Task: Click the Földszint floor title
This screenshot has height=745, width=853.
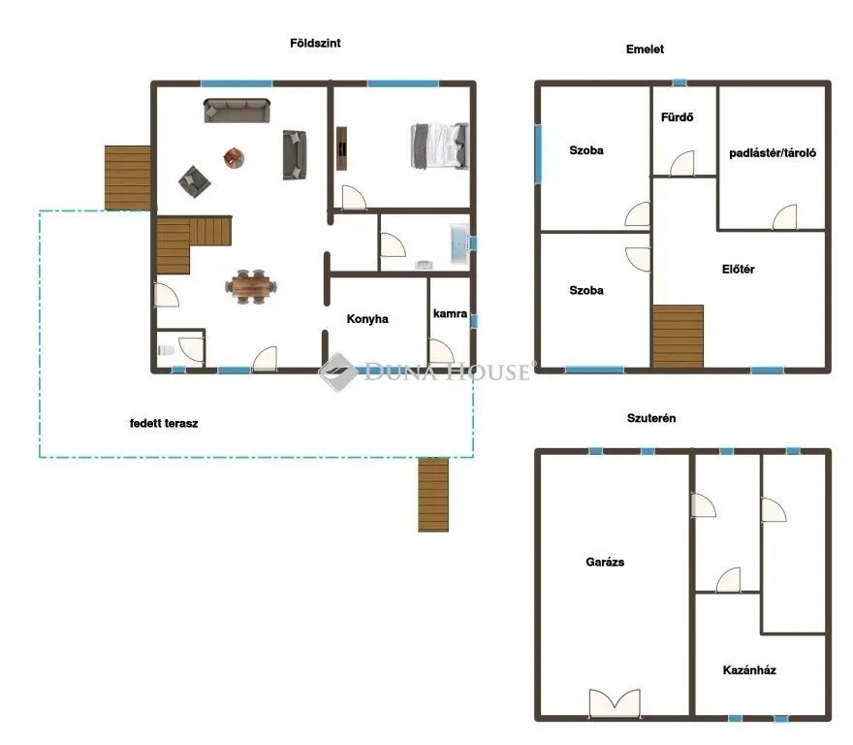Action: point(315,44)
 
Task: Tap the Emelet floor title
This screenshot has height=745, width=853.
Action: point(645,49)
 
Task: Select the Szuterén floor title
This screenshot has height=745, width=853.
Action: point(650,418)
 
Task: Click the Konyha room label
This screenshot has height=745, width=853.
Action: point(368,318)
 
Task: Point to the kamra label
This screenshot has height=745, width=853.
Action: point(451,314)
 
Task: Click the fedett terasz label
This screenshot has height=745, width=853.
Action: point(164,423)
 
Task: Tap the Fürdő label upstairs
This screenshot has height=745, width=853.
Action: point(677,118)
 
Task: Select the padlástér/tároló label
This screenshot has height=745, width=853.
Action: point(773,152)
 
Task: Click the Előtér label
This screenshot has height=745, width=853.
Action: point(739,270)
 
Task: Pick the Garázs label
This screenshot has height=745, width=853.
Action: point(605,562)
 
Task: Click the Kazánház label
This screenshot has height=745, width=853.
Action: point(749,669)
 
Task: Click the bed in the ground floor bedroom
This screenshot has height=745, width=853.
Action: point(439,145)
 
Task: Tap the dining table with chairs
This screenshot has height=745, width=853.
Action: point(252,286)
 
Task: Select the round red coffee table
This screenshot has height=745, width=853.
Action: point(235,156)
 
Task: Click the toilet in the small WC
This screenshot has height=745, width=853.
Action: point(164,351)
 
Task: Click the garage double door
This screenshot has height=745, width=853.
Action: point(615,702)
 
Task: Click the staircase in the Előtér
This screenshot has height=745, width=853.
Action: point(678,337)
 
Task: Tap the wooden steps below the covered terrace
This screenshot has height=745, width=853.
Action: point(433,495)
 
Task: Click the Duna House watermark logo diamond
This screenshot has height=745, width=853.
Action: point(338,372)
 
